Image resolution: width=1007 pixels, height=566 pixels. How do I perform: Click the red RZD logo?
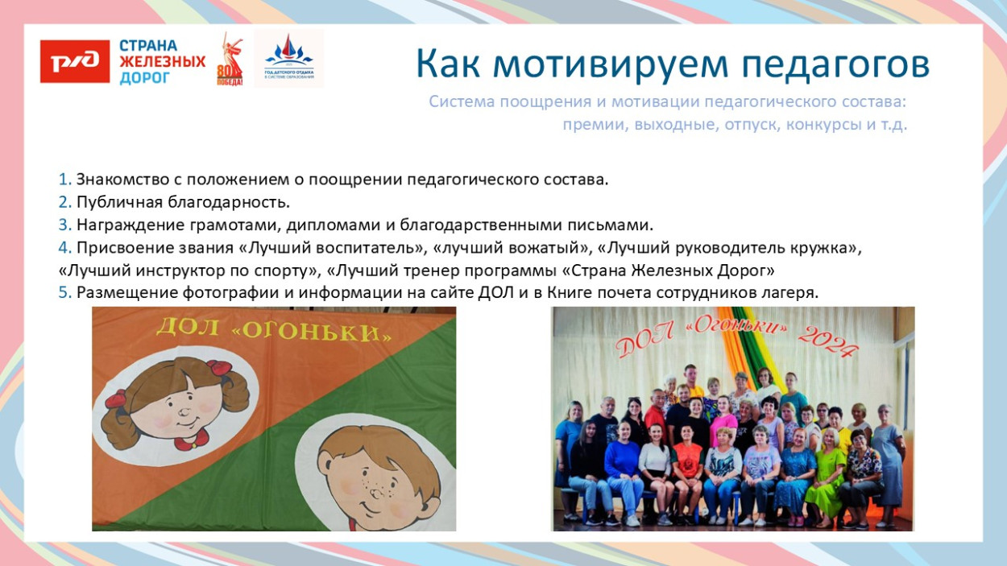coord(75,61)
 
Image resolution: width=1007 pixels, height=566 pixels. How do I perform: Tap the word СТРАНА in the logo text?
coord(148,46)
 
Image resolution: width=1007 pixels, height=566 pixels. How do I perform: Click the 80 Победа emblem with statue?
coord(230,60)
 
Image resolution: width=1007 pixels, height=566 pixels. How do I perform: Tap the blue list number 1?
coord(64,179)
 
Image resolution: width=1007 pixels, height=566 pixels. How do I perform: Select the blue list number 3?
coord(64,225)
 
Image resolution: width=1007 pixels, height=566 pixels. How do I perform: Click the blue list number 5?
coord(64,293)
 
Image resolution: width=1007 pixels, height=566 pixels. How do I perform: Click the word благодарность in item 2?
coord(228,202)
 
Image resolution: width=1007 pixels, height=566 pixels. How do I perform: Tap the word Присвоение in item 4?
coord(120,247)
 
